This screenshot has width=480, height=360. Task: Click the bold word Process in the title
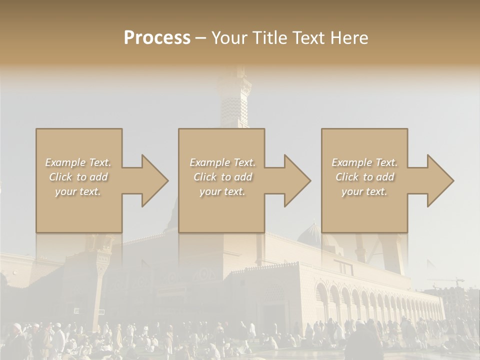point(157,37)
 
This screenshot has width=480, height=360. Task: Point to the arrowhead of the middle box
point(296,180)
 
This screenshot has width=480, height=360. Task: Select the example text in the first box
point(78,176)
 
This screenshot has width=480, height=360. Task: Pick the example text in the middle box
point(222,176)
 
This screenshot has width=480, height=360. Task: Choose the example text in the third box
point(364,176)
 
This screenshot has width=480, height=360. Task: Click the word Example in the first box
point(65,162)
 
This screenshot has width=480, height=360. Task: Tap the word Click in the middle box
point(204,177)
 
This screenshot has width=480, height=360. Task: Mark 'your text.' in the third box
point(364,191)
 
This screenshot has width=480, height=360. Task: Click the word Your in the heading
point(227,37)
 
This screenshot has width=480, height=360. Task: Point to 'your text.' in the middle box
point(222,191)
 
